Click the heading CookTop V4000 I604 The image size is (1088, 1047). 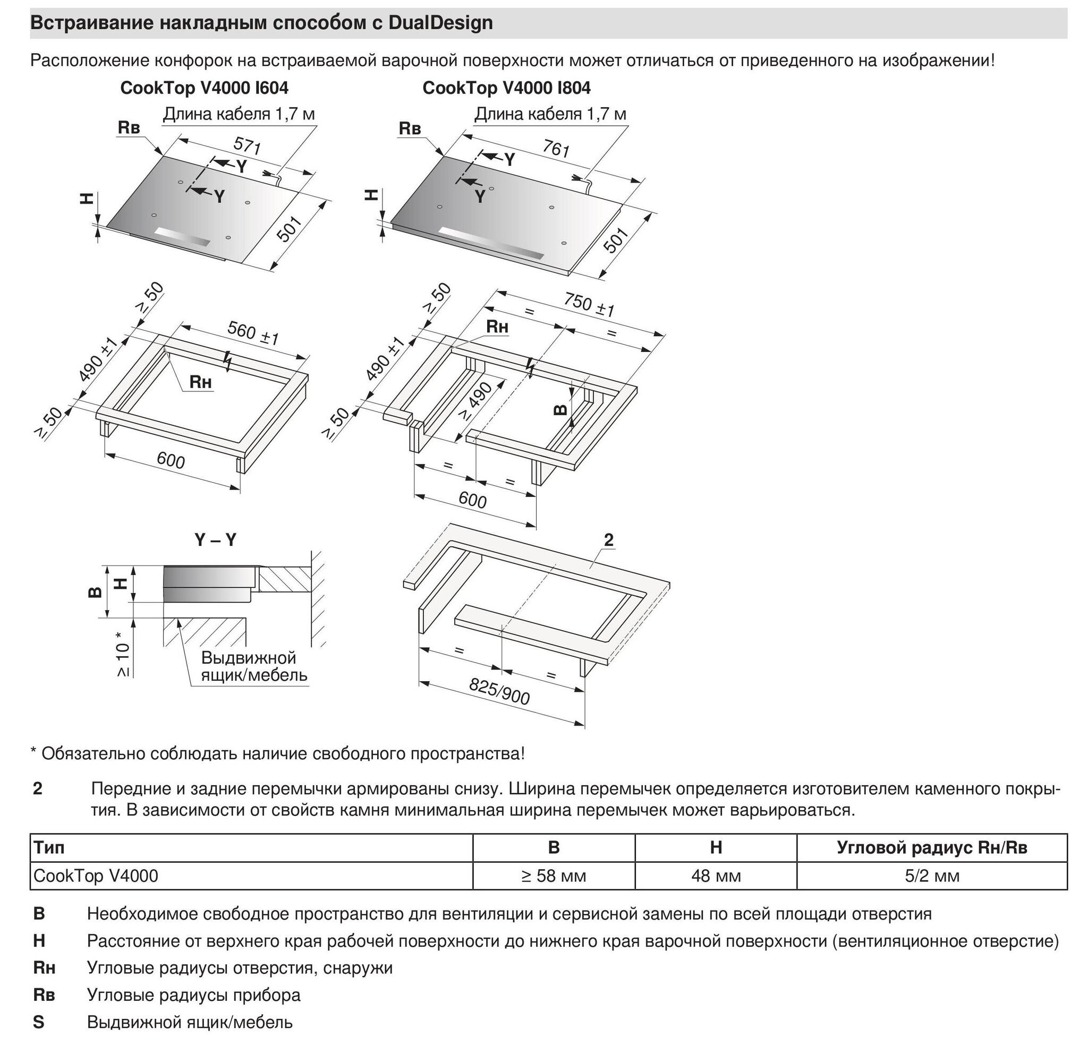205,88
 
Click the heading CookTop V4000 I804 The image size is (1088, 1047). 506,88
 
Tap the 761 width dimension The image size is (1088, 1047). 556,149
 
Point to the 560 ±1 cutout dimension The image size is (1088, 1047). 253,332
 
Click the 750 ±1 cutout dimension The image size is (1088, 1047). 589,305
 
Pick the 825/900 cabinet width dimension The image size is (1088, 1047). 499,691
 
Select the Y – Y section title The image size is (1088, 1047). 215,540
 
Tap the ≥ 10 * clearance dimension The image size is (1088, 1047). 123,655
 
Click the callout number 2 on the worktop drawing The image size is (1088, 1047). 608,539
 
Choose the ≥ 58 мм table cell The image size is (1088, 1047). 554,876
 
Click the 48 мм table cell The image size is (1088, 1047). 716,876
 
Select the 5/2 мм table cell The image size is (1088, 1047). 932,876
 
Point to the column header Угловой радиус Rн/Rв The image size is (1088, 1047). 932,847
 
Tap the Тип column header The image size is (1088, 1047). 49,847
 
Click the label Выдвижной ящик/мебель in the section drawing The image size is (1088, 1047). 254,666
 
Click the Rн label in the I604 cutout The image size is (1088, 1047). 200,382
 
